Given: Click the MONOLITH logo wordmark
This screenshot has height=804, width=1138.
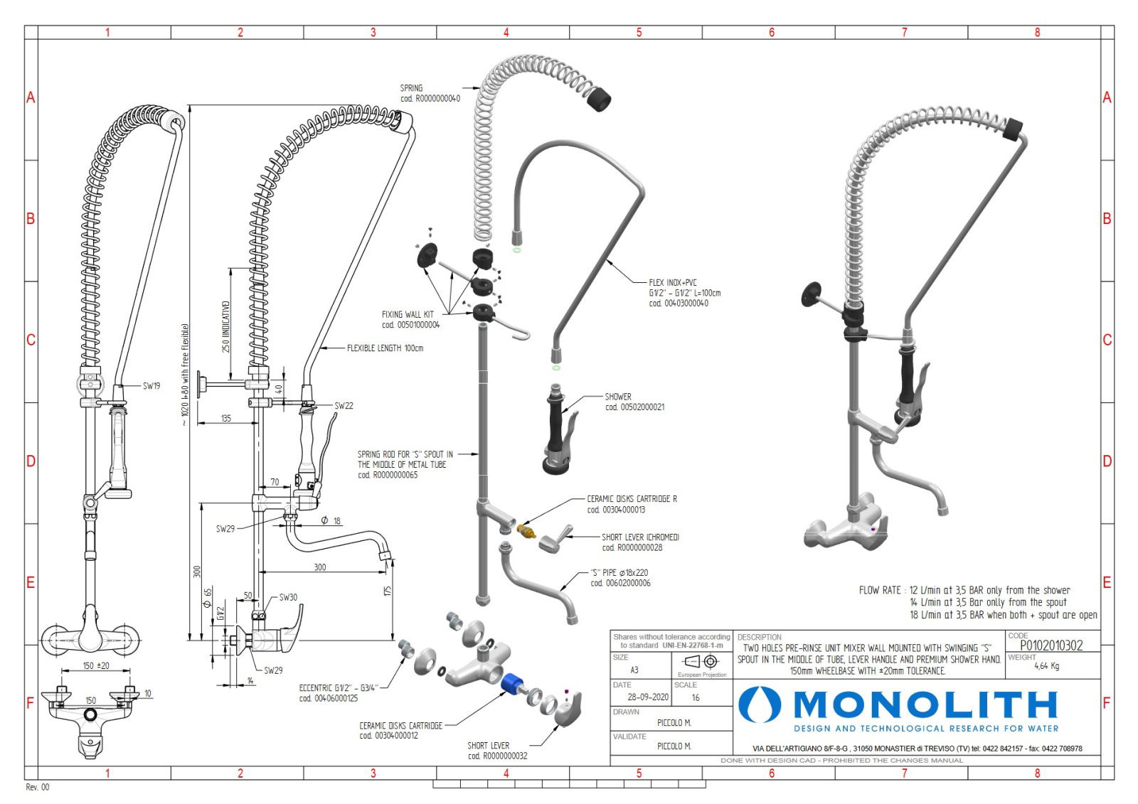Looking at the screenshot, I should coord(925,704).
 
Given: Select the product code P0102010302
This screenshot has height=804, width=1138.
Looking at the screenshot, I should coord(1051,645).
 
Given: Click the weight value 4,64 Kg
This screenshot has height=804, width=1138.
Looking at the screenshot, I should coord(1046,666).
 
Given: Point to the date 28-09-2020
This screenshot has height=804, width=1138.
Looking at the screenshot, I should coord(647,697).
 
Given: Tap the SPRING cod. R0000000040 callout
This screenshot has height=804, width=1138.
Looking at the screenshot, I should coord(430,93).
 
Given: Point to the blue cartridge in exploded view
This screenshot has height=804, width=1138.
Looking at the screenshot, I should coord(512,684).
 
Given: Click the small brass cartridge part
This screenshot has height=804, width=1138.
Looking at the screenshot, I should coord(526,531).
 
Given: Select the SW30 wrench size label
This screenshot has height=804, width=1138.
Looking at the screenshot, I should coord(288,597).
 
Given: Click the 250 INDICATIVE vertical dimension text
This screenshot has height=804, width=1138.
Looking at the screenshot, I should coord(225,326).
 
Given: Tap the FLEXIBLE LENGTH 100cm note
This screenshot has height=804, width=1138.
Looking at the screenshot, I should coord(385,348).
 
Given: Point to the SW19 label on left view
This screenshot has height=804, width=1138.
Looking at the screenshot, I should coord(151,386).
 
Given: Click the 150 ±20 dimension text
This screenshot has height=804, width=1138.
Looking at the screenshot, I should coord(96,666).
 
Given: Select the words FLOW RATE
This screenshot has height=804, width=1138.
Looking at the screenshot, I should coord(879,590).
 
